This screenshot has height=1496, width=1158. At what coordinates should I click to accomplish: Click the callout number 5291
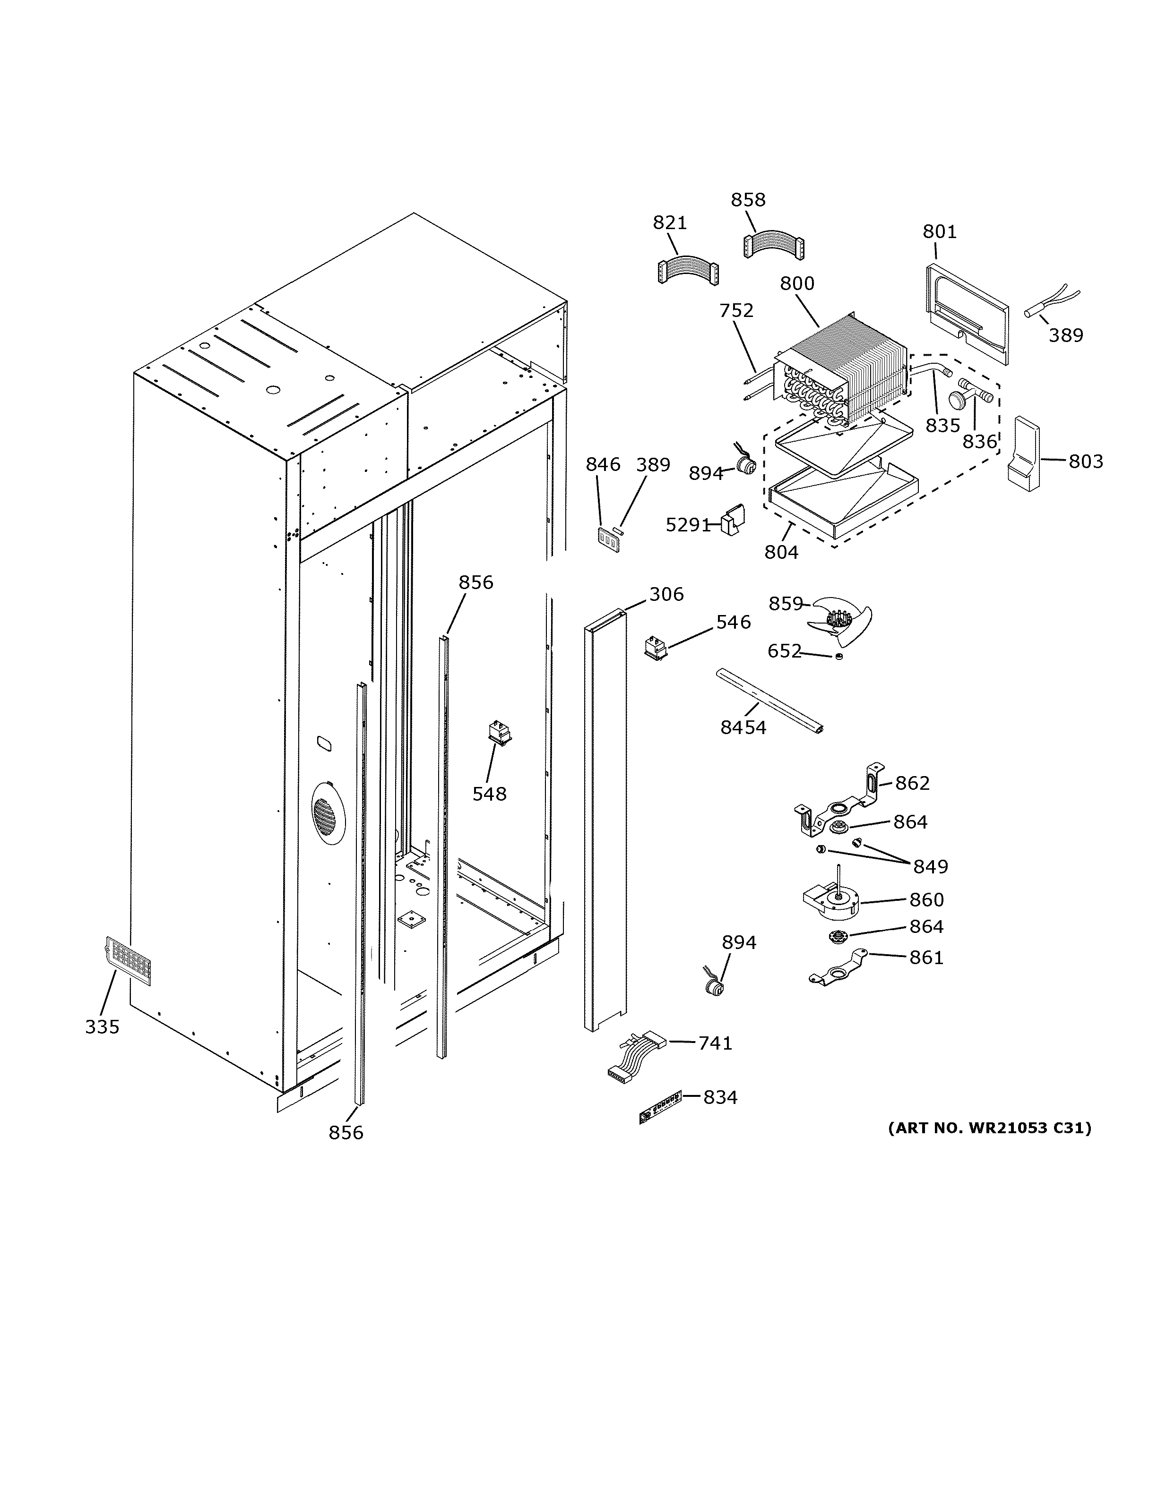point(688,525)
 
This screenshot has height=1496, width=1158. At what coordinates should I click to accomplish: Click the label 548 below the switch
point(489,794)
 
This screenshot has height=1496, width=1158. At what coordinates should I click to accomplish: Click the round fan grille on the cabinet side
point(328,815)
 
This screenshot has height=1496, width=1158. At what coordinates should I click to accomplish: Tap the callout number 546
point(733,622)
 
